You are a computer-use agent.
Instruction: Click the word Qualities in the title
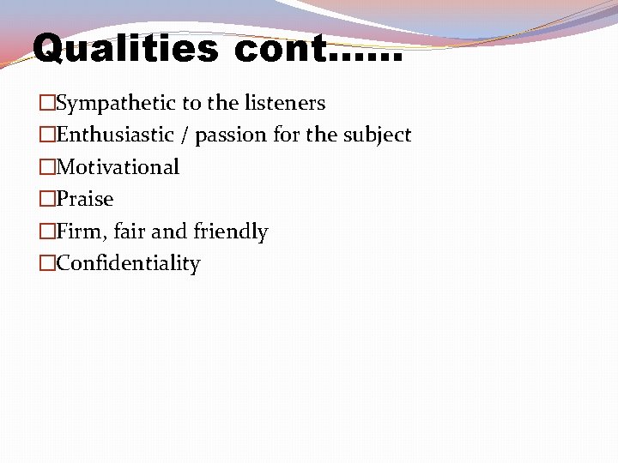point(125,49)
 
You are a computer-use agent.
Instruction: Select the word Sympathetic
point(117,104)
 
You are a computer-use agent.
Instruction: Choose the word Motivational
point(118,167)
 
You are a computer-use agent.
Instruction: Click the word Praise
point(85,199)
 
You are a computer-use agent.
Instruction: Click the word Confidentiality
point(128,263)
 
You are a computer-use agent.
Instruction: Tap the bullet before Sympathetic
point(47,104)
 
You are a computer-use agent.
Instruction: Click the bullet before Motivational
point(47,167)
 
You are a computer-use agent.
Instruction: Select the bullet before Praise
point(47,199)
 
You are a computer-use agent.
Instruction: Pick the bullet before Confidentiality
point(47,263)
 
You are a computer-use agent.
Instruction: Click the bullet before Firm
point(47,231)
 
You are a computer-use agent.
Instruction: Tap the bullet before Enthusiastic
point(47,135)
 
